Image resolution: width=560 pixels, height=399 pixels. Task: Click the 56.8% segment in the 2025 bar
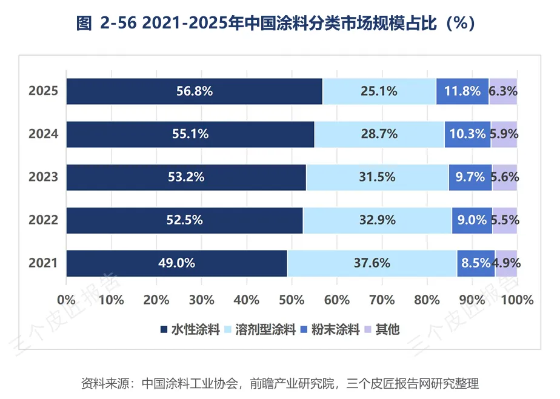pos(195,91)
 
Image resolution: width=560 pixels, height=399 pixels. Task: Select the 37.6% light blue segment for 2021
pos(372,263)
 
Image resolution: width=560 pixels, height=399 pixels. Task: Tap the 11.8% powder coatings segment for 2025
pos(462,91)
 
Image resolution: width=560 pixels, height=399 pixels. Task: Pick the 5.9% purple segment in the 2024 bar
pos(504,134)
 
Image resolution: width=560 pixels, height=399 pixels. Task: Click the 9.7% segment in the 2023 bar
pos(470,177)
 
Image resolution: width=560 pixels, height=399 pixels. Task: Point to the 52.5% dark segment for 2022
pos(185,220)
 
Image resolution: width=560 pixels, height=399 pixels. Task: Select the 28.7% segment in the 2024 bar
pos(379,134)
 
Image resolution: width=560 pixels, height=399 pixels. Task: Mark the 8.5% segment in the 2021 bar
pos(476,263)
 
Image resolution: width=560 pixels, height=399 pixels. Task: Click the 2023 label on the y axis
pos(43,177)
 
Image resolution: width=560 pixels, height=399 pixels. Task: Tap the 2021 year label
pos(43,263)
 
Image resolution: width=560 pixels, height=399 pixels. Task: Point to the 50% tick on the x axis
pos(292,300)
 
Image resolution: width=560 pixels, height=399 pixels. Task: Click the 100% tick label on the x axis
pos(517,300)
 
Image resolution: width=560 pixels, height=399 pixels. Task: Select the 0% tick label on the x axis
pos(67,300)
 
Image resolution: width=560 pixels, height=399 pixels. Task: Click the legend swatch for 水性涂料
pos(164,329)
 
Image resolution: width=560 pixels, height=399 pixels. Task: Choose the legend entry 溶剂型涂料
pos(265,329)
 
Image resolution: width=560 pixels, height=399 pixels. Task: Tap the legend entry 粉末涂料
pos(335,329)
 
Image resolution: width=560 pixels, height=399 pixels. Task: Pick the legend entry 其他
pos(387,329)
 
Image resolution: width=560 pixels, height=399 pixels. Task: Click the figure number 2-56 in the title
pos(119,23)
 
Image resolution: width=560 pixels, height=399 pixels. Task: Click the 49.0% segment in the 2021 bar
pos(177,263)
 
